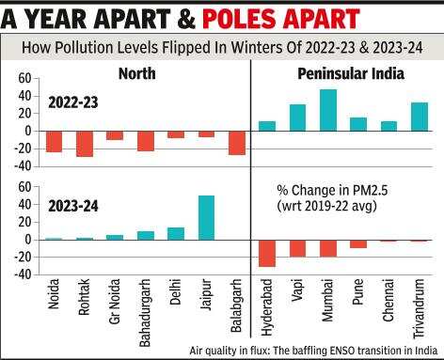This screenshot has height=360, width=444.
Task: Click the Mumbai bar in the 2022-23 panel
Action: pos(328,110)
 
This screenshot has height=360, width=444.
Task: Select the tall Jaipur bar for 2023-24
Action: pos(207,218)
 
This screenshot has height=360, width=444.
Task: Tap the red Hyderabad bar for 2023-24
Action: pos(267,254)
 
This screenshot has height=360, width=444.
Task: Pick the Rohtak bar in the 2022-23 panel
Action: pos(85,144)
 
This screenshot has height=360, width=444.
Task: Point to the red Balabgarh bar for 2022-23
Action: pos(237,143)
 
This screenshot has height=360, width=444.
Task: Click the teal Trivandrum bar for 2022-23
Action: pos(420,117)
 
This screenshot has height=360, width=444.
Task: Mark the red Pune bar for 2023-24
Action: pos(358,244)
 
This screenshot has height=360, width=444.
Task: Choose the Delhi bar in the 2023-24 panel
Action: pos(176,234)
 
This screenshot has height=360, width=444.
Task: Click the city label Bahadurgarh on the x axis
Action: pos(145,313)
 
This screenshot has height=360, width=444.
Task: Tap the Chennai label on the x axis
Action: pos(388,300)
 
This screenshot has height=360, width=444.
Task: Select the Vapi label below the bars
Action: pos(297,290)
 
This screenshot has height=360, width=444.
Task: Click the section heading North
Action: pos(137,73)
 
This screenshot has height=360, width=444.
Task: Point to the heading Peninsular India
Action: pos(351,73)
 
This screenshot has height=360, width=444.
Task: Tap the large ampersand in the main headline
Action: pos(186,19)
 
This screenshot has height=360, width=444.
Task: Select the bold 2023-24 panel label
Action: pos(73,206)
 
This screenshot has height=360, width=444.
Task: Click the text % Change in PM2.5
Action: pos(332,191)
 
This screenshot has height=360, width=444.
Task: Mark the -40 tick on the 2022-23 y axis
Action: pos(23,166)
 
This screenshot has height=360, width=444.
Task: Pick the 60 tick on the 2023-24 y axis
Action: pos(24,187)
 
